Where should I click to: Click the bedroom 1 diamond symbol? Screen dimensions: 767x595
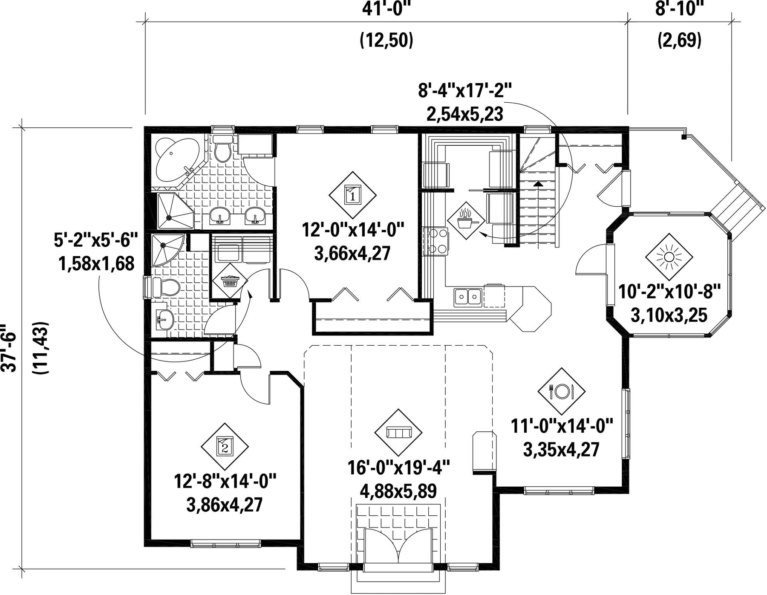click(352, 195)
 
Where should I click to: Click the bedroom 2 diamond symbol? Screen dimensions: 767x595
click(225, 446)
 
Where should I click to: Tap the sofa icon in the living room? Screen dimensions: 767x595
click(398, 433)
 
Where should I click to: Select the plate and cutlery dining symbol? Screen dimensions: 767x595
click(562, 391)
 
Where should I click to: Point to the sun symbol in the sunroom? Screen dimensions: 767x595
click(669, 257)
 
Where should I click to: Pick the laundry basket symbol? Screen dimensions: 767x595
click(230, 281)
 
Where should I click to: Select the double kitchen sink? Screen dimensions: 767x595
click(468, 297)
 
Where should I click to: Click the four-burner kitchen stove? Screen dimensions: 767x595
click(436, 241)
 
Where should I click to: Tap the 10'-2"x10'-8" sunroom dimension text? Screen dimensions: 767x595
click(669, 292)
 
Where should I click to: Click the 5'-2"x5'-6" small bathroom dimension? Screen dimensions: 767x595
click(96, 240)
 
